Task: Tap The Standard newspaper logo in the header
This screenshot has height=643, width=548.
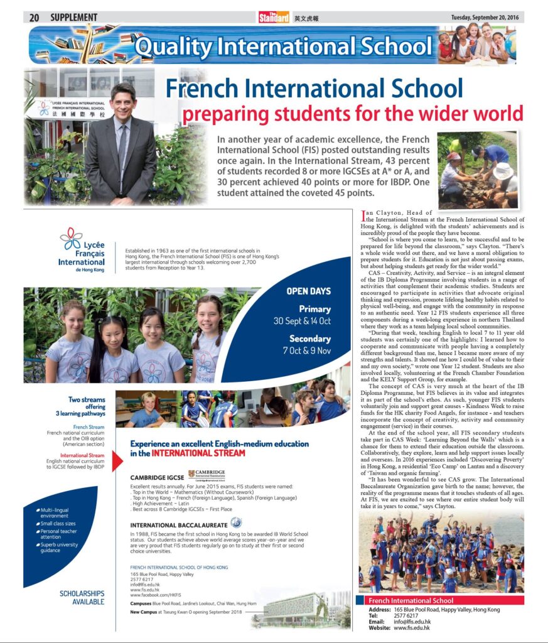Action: click(x=274, y=18)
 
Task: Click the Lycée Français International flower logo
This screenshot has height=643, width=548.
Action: click(x=70, y=238)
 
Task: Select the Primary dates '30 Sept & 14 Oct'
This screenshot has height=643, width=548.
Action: click(x=302, y=321)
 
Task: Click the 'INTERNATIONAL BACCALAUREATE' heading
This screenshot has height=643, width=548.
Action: click(x=178, y=524)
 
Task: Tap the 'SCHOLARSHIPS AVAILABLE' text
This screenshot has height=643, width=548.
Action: click(x=82, y=597)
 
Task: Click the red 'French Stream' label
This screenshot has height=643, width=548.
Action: click(x=89, y=427)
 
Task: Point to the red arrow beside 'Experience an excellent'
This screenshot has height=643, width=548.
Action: click(x=117, y=460)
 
